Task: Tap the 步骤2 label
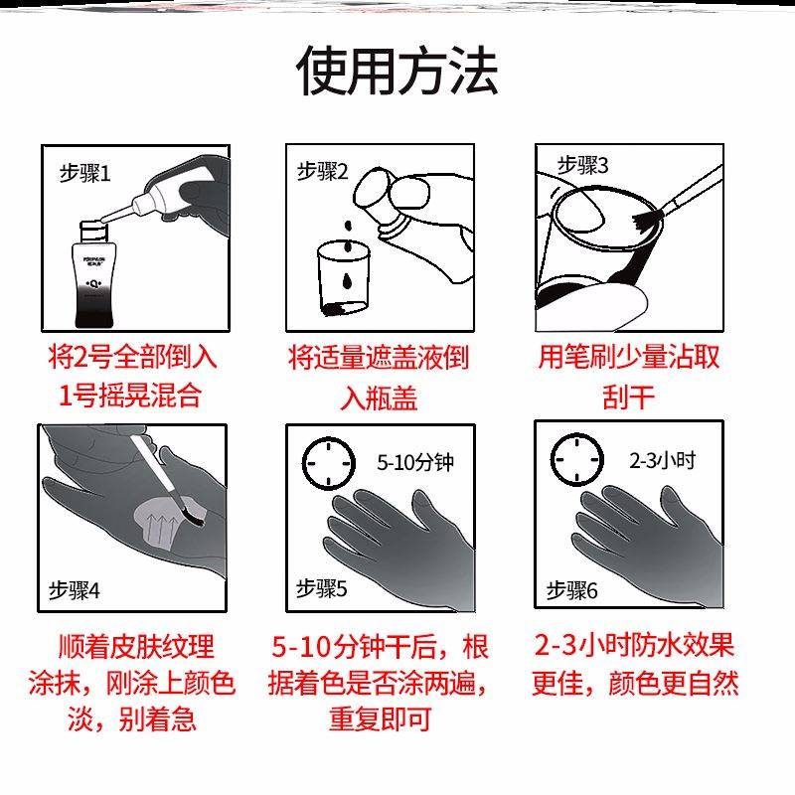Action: point(324,171)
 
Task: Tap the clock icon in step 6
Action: point(577,459)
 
